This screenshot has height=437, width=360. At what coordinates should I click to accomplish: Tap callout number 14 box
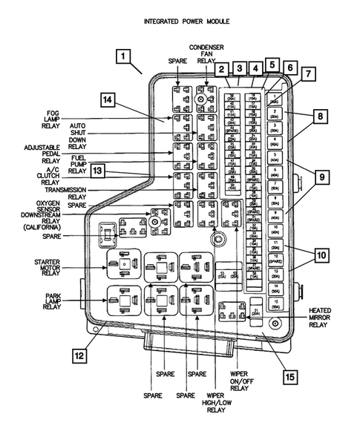point(109,100)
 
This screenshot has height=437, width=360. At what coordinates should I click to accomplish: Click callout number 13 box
point(97,172)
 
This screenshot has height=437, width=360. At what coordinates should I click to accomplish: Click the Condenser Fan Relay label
point(200,53)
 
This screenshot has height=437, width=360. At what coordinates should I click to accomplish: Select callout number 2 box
point(222,70)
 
